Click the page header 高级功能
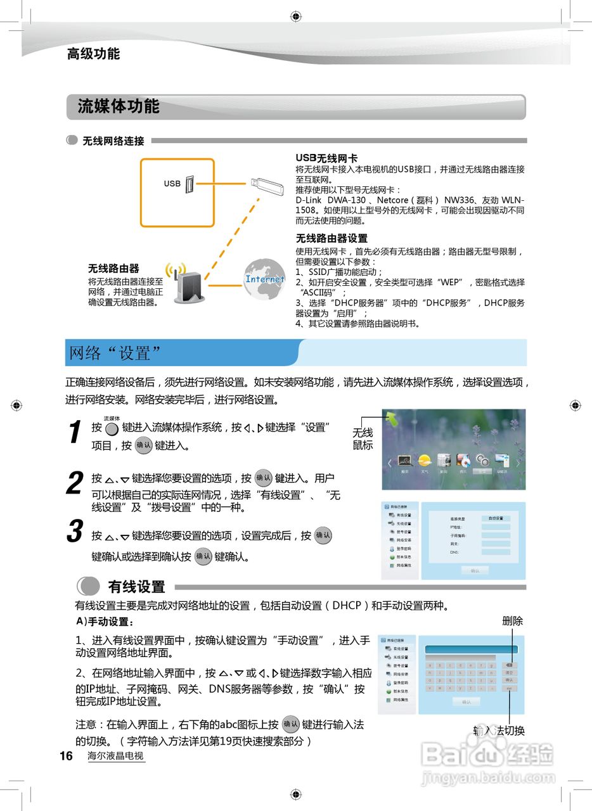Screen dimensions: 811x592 [93, 54]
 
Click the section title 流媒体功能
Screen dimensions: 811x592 [119, 106]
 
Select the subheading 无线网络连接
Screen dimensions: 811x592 [113, 141]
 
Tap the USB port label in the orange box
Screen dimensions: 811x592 [172, 184]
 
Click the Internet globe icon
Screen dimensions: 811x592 [264, 279]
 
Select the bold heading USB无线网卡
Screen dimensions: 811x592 [326, 158]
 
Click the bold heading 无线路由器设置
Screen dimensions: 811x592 [331, 238]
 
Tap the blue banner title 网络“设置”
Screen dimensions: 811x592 [115, 353]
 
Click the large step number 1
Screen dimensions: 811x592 [75, 433]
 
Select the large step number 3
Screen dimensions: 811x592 [75, 532]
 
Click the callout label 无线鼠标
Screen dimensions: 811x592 [363, 438]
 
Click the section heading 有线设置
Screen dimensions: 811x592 [136, 587]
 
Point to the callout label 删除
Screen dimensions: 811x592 [512, 621]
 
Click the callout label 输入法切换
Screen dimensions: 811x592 [499, 731]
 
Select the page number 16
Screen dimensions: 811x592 [67, 756]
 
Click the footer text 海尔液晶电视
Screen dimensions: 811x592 [115, 756]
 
